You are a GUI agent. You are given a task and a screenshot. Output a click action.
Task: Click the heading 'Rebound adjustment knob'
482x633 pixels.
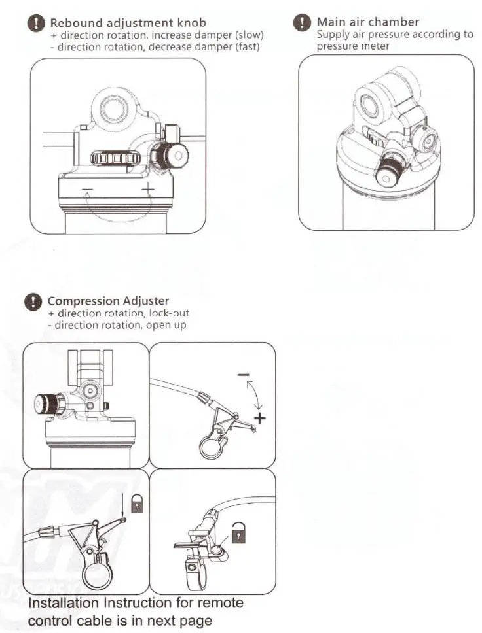click(128, 24)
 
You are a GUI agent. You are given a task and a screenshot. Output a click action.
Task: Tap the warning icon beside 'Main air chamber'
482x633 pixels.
click(301, 24)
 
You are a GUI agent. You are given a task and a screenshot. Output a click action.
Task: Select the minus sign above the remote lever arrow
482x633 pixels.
click(243, 374)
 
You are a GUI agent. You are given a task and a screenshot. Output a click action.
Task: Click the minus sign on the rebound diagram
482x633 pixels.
click(88, 190)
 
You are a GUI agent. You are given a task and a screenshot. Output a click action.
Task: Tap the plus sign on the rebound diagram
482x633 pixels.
click(148, 190)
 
